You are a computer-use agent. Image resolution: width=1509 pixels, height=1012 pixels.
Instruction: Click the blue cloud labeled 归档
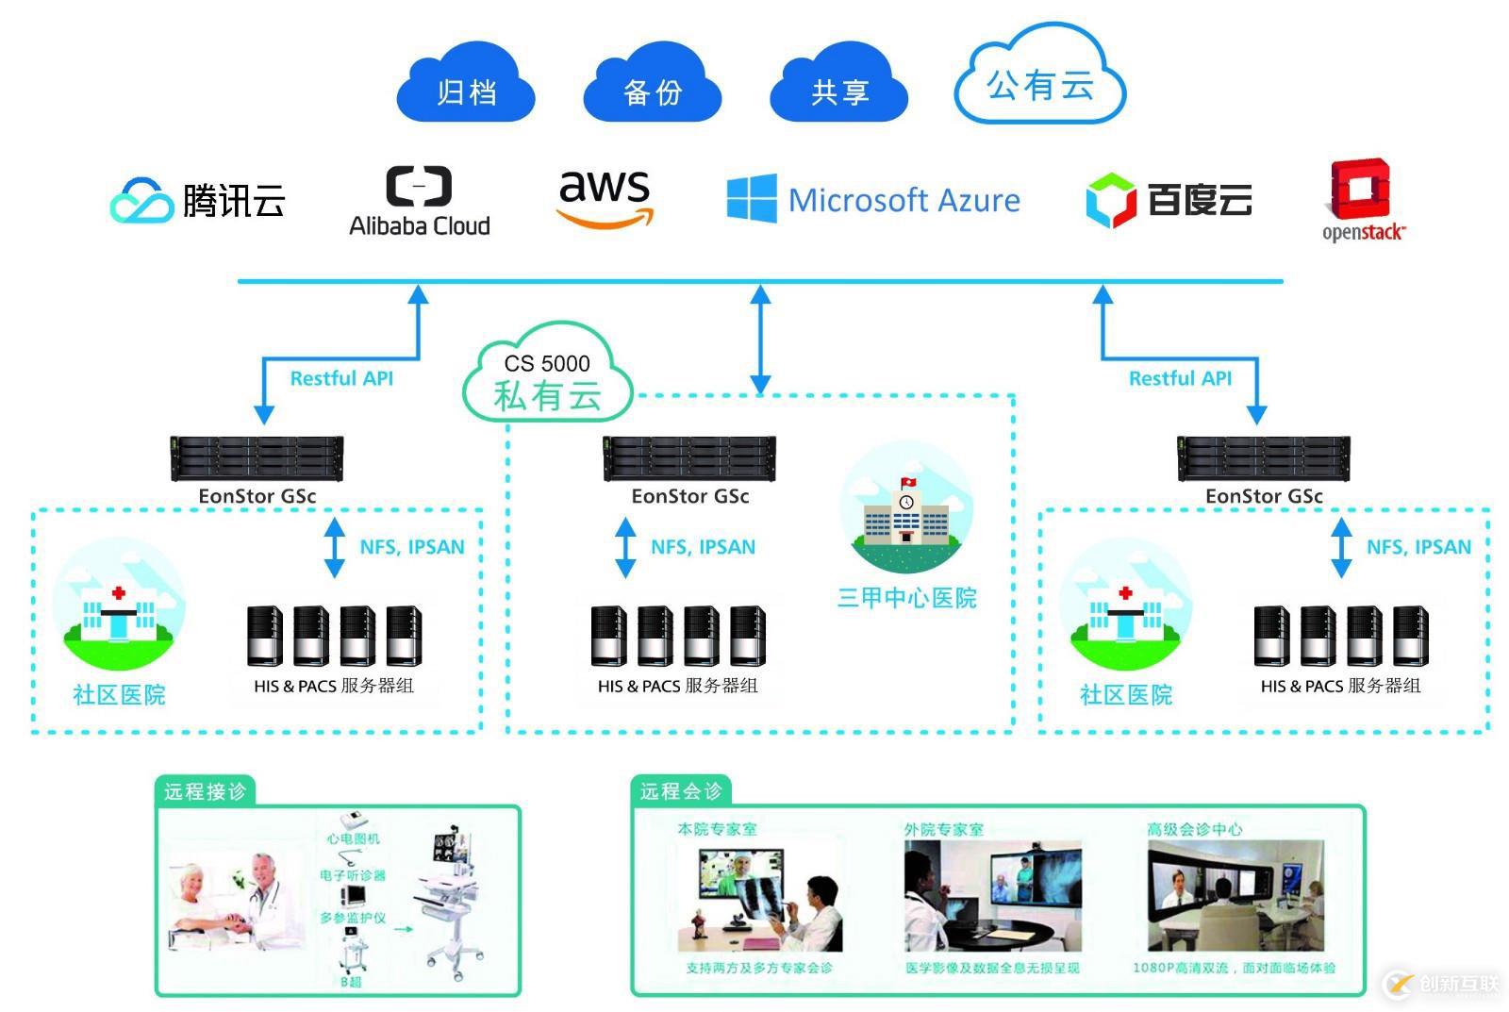466,89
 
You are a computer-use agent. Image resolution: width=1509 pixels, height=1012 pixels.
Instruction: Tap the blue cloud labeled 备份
652,89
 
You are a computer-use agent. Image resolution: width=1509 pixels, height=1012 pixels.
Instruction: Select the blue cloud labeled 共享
838,89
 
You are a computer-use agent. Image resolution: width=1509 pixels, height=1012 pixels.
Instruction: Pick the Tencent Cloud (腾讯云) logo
198,200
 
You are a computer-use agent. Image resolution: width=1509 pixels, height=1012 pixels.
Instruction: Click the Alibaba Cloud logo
420,201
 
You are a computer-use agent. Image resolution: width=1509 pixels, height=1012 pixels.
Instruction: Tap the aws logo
605,198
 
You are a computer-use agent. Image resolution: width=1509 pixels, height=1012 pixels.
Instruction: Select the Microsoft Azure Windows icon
752,199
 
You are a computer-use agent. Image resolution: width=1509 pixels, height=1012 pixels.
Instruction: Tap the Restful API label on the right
1180,378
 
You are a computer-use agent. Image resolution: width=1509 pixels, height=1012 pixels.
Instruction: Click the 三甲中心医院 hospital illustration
906,509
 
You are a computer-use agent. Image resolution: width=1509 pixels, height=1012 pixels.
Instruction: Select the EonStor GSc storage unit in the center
689,457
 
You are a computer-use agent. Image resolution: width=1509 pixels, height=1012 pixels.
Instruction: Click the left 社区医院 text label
119,695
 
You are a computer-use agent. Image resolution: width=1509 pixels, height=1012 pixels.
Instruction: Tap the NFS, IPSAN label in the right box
1418,547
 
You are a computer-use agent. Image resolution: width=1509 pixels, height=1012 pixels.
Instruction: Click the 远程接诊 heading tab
205,791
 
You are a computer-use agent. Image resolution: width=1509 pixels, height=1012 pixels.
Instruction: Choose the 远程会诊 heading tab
681,791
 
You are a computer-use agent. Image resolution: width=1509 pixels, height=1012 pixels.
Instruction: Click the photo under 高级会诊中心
1235,896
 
